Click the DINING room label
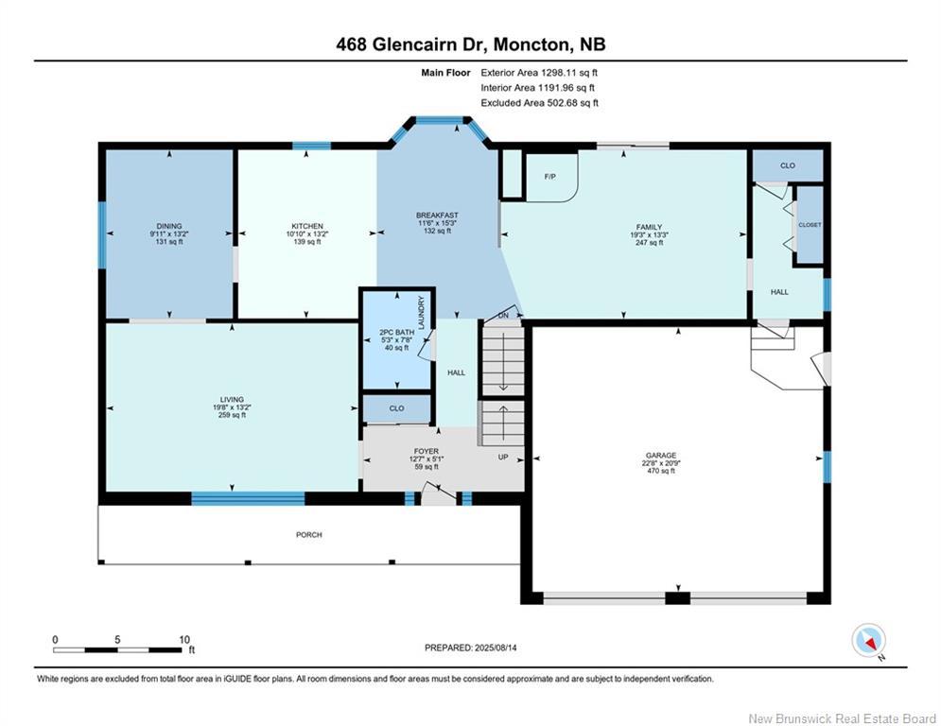(169, 226)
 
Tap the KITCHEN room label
(307, 226)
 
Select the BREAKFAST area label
(437, 216)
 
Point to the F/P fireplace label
(549, 177)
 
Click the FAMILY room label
(649, 227)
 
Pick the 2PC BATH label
(396, 332)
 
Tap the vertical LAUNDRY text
(421, 312)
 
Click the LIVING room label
(232, 399)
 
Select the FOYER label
(427, 451)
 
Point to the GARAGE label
(661, 456)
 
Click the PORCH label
(309, 535)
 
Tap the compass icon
(868, 640)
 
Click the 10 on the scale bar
(184, 640)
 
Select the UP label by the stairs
(503, 458)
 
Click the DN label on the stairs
(503, 316)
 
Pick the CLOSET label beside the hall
(810, 225)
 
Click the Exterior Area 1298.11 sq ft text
(539, 73)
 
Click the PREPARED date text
(471, 648)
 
